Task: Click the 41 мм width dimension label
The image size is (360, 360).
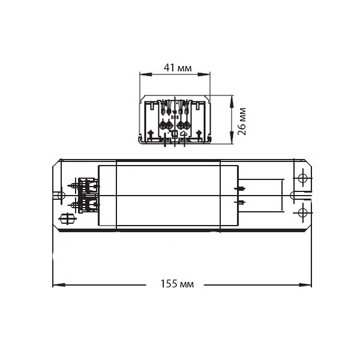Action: (x=178, y=68)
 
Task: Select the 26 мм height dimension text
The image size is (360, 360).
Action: (x=242, y=121)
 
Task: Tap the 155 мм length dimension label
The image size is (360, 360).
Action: (x=177, y=284)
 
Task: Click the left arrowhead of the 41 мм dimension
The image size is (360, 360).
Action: (x=146, y=74)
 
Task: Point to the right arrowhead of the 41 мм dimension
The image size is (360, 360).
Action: (x=204, y=74)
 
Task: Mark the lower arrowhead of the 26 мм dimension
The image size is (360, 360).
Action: (x=232, y=138)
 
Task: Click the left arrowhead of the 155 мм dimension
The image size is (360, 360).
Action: (x=59, y=285)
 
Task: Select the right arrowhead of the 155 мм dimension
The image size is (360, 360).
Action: (x=305, y=285)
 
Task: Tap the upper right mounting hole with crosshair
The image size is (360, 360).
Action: (x=302, y=178)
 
